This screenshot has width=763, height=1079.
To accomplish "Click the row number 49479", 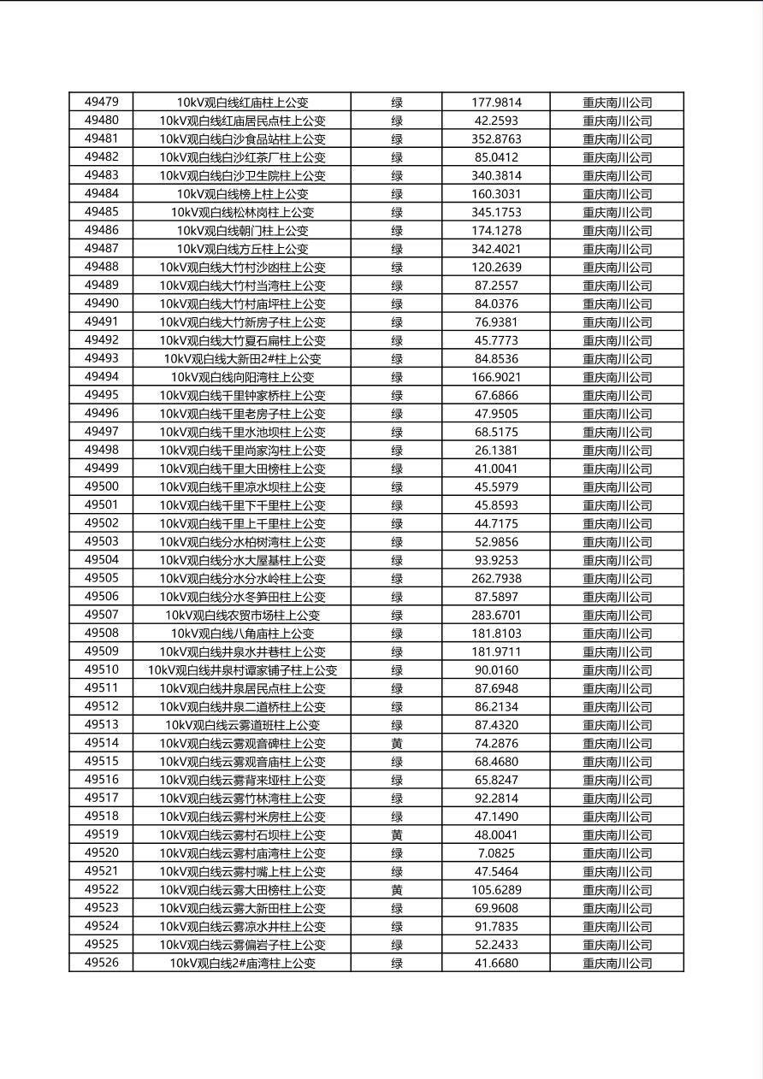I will coord(102,103).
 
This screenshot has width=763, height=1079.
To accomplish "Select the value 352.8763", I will coord(496,139).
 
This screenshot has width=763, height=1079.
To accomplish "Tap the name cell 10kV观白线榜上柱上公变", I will coord(242,194).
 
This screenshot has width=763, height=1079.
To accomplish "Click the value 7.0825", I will coord(496,853).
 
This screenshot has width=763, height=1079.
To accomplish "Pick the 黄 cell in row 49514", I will coord(397,744).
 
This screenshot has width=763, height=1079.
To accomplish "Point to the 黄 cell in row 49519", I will coord(397,835).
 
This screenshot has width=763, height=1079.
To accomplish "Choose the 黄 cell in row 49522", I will coord(397,890).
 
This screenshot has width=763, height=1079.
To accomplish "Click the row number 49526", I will coord(102,963).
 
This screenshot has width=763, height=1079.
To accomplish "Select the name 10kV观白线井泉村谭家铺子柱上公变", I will coord(242,670).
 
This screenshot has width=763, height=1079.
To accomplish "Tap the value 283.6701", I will coord(496,616).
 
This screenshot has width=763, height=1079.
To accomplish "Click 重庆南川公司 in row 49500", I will coord(617,487).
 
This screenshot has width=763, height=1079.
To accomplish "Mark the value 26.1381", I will coord(496,451).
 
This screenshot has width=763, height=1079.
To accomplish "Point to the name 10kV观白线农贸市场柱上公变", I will coord(242,616).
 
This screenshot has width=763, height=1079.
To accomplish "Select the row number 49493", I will coord(102,359).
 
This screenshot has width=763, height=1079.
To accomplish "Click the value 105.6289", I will coord(496,890).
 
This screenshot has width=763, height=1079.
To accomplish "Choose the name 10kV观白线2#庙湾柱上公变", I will coord(242,964).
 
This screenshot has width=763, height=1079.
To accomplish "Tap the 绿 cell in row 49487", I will coord(397,249).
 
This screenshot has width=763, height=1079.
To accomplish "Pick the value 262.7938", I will coord(496,579).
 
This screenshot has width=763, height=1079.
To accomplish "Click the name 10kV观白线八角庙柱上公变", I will coord(242,634).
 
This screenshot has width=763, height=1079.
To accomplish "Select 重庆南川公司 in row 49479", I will coord(617,103).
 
